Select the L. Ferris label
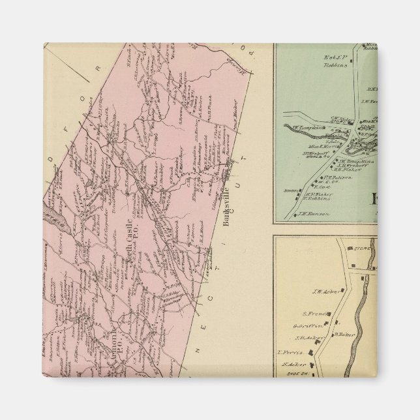click(288, 353)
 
